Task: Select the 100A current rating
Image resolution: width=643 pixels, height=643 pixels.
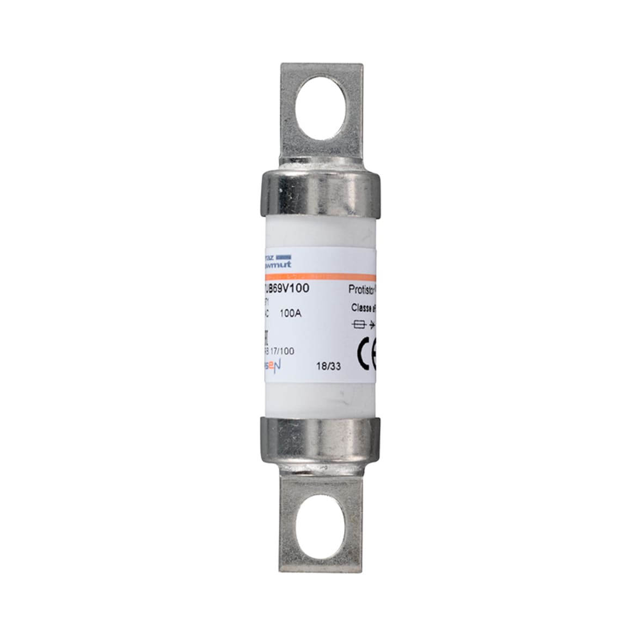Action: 290,313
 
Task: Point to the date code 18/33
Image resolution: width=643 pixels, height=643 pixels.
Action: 328,366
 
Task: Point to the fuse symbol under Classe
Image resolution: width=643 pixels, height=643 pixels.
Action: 358,325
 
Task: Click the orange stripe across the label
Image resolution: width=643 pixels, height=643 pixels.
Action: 321,276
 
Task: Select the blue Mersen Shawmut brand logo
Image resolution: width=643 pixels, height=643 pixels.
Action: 277,261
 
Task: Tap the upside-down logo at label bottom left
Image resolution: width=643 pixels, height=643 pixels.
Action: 273,366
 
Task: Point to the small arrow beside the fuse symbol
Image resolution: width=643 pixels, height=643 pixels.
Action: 372,325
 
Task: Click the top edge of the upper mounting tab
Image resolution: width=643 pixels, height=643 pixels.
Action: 321,65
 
